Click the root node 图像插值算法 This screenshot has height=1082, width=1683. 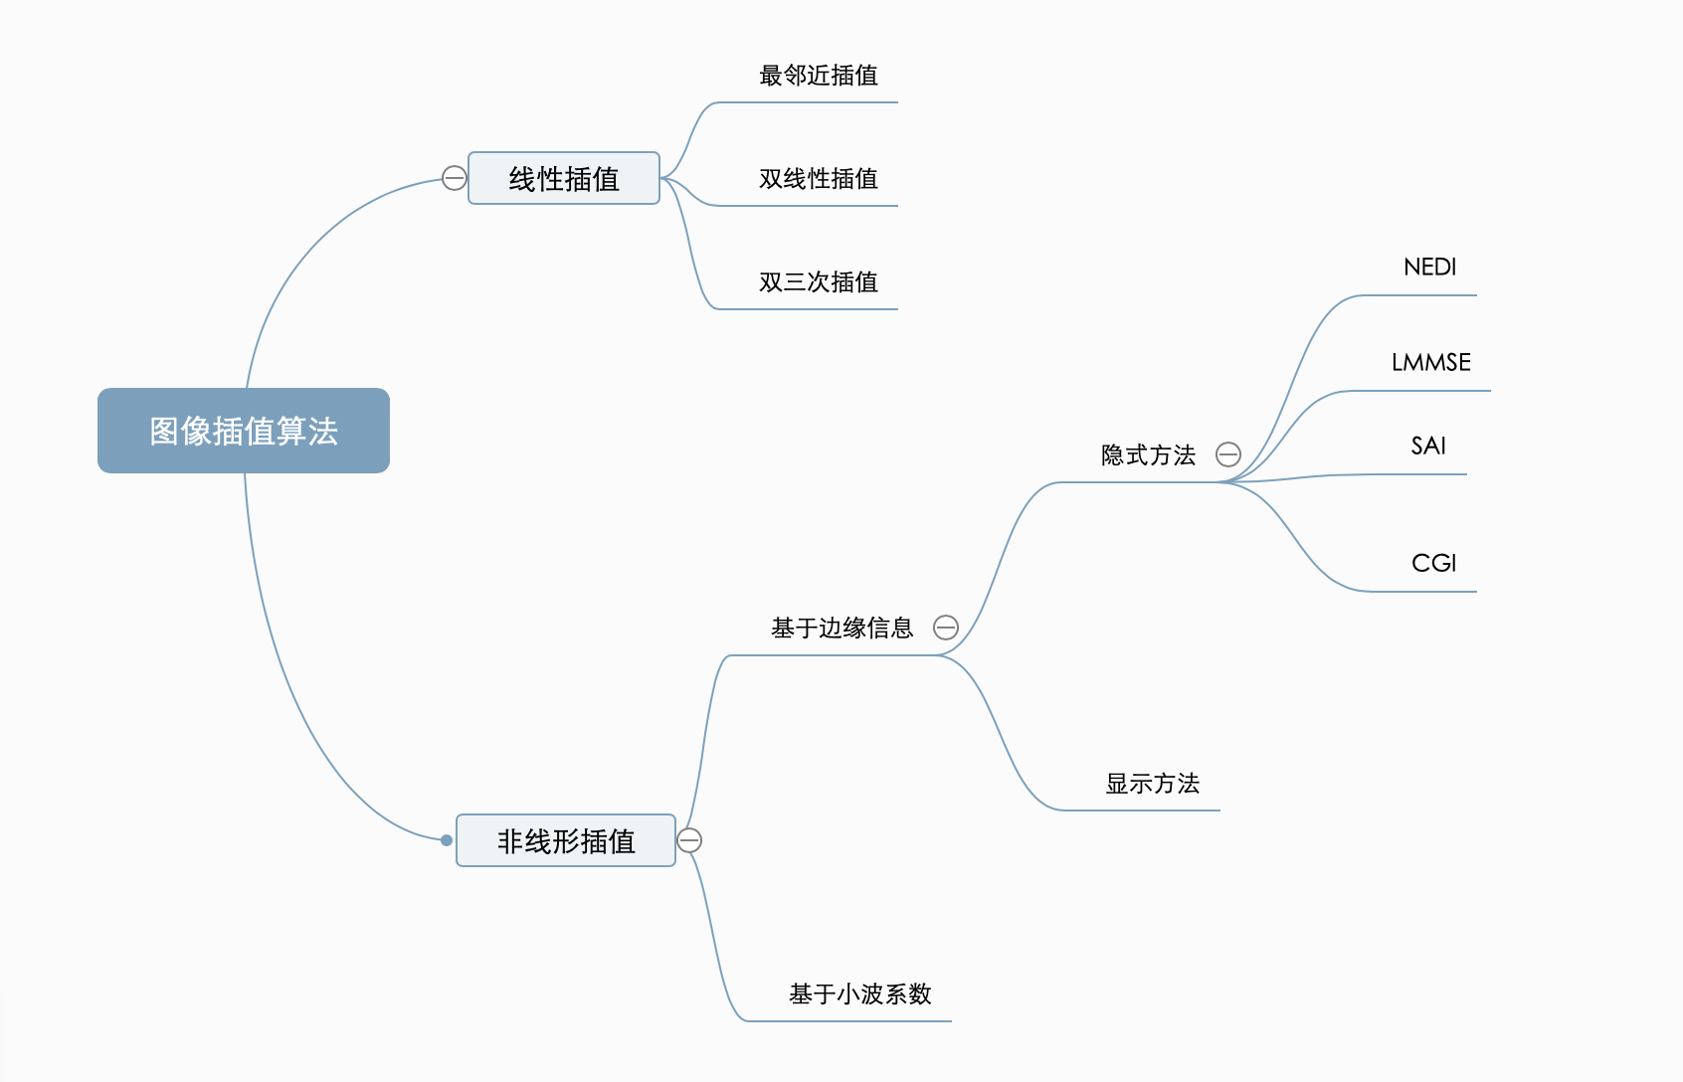point(244,431)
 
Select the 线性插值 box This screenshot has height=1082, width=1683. point(564,179)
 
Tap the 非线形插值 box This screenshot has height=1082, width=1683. point(566,841)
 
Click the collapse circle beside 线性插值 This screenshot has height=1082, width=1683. point(454,178)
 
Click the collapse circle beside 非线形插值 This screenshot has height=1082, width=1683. point(689,840)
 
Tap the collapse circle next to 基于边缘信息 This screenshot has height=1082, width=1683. point(946,628)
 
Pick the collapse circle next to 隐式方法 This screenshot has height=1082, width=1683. point(1228,454)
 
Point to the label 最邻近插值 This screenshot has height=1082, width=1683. point(818,76)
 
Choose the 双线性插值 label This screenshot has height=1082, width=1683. point(818,179)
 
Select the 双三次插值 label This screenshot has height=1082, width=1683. point(818,282)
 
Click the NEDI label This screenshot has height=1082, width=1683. point(1429,268)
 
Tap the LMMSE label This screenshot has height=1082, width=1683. point(1430,363)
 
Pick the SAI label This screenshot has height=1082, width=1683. point(1428,447)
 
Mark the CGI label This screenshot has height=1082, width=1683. point(1433,564)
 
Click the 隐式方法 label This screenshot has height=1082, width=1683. point(1148,455)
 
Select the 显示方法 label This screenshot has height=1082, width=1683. point(1152,784)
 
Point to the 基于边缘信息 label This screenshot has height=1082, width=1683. point(841,629)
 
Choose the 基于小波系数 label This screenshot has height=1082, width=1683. point(859,994)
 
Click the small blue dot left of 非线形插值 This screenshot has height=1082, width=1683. point(447,840)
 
